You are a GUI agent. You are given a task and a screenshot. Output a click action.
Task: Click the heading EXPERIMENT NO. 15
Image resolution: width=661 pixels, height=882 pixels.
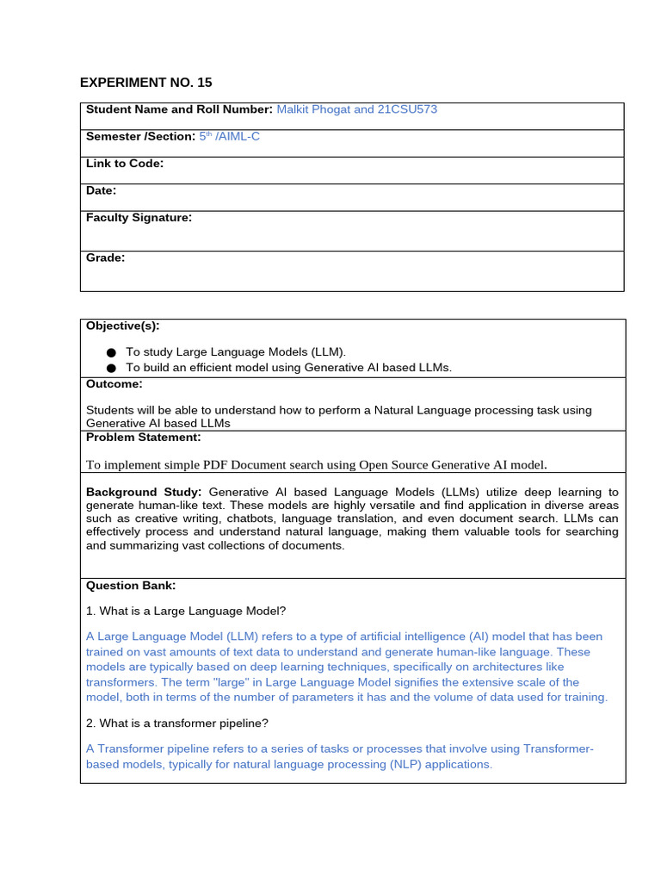(x=145, y=83)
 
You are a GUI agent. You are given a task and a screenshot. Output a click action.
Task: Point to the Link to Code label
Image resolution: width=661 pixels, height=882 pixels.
(x=125, y=163)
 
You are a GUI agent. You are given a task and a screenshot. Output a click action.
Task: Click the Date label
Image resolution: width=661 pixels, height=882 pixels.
(x=101, y=190)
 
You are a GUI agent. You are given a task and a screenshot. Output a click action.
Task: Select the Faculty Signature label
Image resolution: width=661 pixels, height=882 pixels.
(x=139, y=218)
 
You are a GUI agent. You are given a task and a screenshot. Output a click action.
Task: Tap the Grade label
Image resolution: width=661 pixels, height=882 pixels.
(x=105, y=258)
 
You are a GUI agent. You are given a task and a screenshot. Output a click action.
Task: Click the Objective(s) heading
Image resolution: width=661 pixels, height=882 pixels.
(x=122, y=326)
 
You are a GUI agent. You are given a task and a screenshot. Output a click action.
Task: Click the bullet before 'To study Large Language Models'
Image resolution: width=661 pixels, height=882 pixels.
(x=111, y=352)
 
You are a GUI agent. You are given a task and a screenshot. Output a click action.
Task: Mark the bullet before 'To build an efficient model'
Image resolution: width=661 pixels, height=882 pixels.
(x=111, y=368)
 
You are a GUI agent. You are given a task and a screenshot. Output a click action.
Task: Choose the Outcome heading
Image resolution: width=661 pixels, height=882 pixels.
(x=114, y=384)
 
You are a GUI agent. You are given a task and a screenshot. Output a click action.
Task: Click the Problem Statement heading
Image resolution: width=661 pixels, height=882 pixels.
(x=143, y=438)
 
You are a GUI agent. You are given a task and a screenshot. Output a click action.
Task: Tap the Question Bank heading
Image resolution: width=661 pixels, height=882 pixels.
(x=130, y=586)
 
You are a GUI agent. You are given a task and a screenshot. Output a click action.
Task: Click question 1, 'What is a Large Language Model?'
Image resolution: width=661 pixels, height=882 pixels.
(x=186, y=611)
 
